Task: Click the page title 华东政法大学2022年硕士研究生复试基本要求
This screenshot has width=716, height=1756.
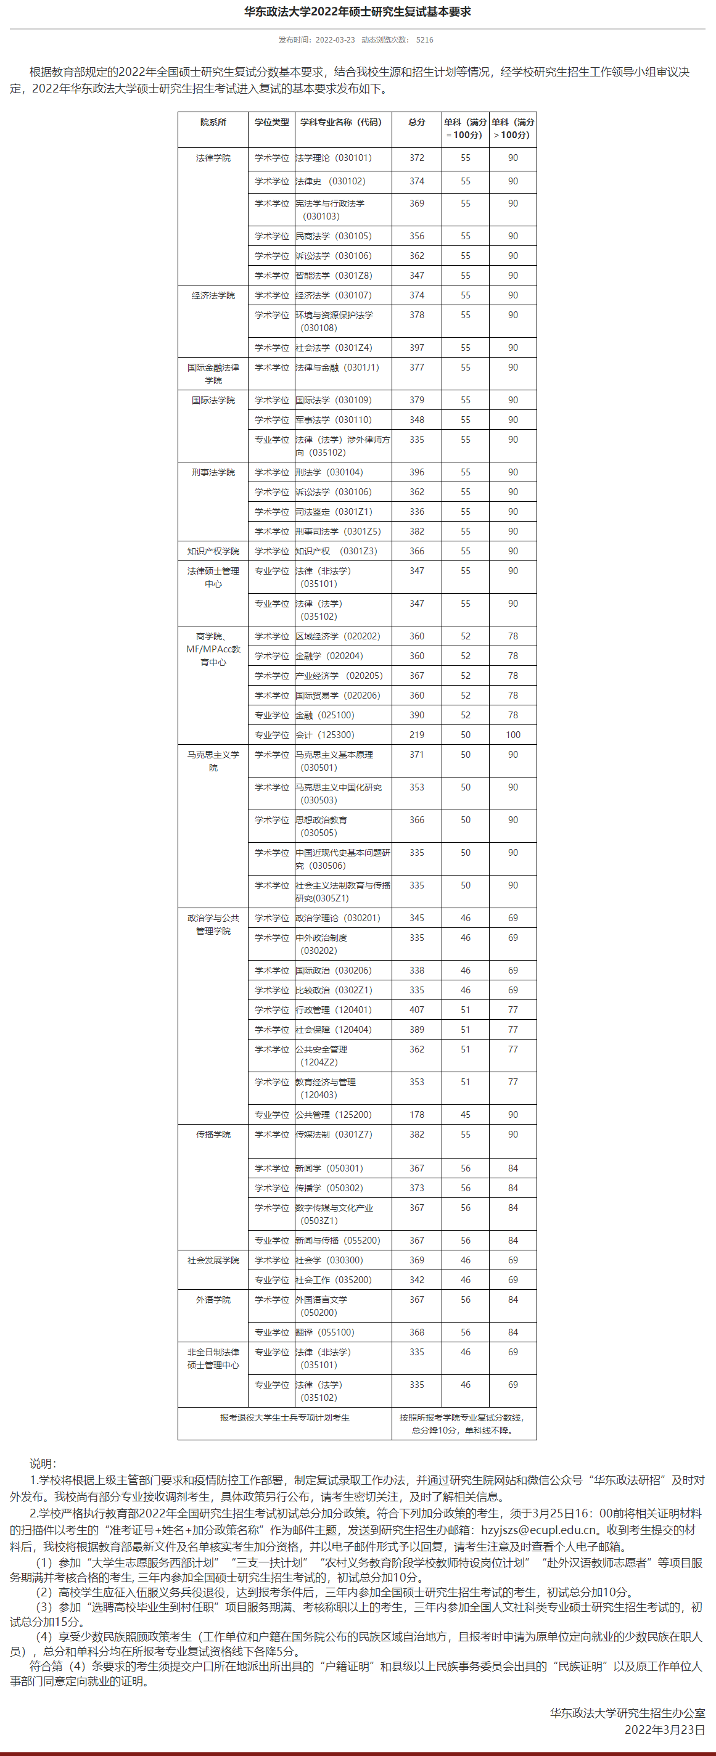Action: click(357, 12)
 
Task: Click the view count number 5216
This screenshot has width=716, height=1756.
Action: click(424, 39)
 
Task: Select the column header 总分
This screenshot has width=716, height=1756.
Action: click(417, 122)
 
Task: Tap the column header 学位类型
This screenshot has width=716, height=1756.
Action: click(271, 122)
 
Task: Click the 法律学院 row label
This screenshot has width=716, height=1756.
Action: click(213, 157)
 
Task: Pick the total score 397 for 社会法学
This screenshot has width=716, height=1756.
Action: click(417, 348)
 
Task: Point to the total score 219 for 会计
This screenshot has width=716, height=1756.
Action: click(417, 735)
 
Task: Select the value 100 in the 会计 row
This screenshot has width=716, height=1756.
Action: click(512, 735)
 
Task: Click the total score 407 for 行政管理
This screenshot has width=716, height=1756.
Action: click(417, 1009)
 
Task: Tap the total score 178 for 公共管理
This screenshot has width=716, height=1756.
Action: click(417, 1115)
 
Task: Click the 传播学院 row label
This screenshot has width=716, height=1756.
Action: click(213, 1134)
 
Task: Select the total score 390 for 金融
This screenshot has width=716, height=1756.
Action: click(417, 715)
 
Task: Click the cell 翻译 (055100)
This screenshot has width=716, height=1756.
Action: click(324, 1332)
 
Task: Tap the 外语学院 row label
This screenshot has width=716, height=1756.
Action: click(213, 1299)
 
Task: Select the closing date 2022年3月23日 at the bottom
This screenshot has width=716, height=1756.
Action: click(664, 1729)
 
